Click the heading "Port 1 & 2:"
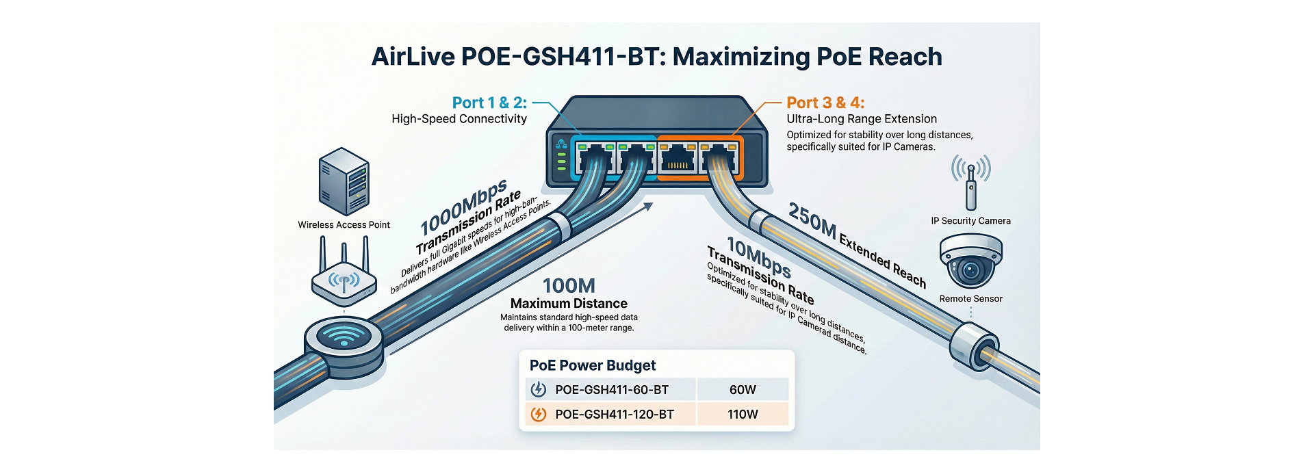489,103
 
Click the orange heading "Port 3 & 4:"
825,103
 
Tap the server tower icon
344,181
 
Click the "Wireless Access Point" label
344,224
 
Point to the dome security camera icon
970,261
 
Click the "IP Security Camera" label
970,220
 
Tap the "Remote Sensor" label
970,298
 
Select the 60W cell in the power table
743,389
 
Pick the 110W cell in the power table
743,414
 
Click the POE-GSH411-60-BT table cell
611,389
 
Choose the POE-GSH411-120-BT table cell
614,414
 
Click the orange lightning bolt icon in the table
539,414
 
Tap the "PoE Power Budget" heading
593,365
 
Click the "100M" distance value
569,285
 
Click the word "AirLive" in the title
413,56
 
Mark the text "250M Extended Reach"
857,244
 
